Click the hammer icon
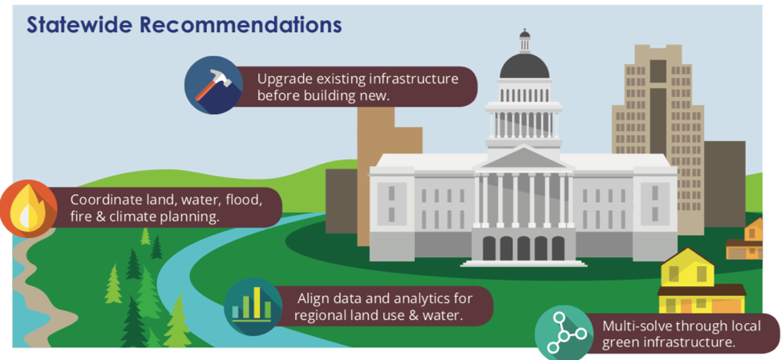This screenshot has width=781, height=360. pos(213,85)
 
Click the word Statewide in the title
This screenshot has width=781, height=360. pos(79,25)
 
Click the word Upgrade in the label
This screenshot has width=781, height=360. pos(278,79)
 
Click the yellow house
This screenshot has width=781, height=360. pos(702,281)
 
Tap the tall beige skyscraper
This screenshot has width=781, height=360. pos(658,140)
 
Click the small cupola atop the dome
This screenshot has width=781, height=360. pos(524,41)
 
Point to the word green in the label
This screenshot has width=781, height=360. pos(619,343)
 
